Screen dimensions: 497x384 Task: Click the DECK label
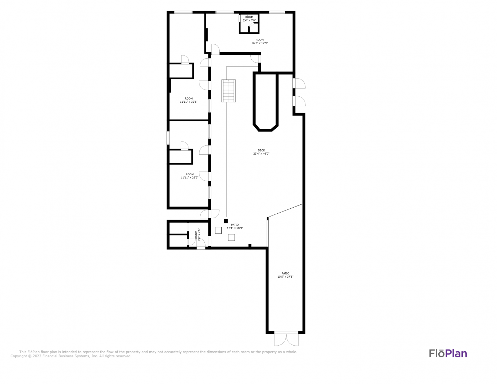tap(261, 150)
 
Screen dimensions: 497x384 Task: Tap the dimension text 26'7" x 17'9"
tap(260, 43)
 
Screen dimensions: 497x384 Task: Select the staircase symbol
tap(229, 91)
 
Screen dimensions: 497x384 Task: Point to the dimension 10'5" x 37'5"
tap(285, 277)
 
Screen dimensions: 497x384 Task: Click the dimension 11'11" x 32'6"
tap(189, 102)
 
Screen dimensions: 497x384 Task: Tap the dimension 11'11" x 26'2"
tap(189, 177)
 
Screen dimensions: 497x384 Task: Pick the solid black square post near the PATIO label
tap(226, 221)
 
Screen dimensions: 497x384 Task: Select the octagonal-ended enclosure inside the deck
tap(266, 102)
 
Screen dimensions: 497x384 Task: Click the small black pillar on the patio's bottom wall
tap(250, 245)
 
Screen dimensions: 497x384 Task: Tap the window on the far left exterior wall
tap(168, 138)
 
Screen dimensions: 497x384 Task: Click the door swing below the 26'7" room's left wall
tap(215, 49)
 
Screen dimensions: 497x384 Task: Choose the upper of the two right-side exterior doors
tap(299, 83)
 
